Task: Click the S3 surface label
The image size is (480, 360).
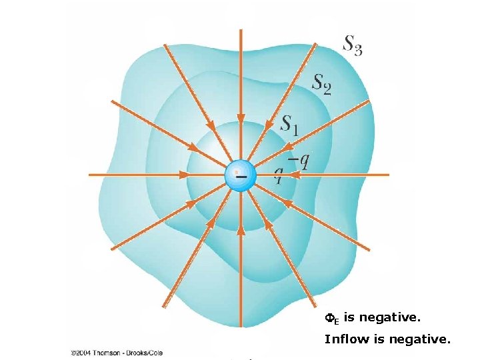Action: point(353,45)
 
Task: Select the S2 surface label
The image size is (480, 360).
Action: point(322,83)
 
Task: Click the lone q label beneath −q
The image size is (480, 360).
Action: point(279,175)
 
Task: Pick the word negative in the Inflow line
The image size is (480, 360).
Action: point(420,339)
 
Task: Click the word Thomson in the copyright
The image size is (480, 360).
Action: point(110,352)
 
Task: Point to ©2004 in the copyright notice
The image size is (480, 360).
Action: point(83,352)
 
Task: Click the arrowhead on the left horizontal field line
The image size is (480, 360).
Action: point(183,175)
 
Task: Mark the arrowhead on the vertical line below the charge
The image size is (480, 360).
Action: point(239,229)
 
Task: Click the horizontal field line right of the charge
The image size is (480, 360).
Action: point(333,175)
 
